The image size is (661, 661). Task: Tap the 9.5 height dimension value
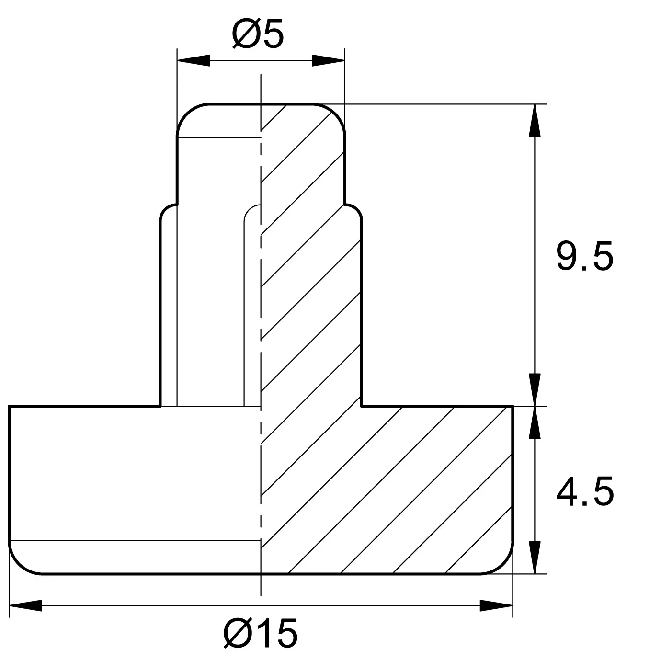pos(584,256)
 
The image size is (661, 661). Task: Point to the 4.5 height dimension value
pos(584,491)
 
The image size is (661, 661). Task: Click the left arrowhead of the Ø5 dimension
pos(193,61)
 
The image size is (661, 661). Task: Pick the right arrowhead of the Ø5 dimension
pos(328,61)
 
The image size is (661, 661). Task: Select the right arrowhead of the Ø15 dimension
pos(496,605)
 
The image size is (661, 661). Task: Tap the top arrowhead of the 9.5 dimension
pos(535,120)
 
